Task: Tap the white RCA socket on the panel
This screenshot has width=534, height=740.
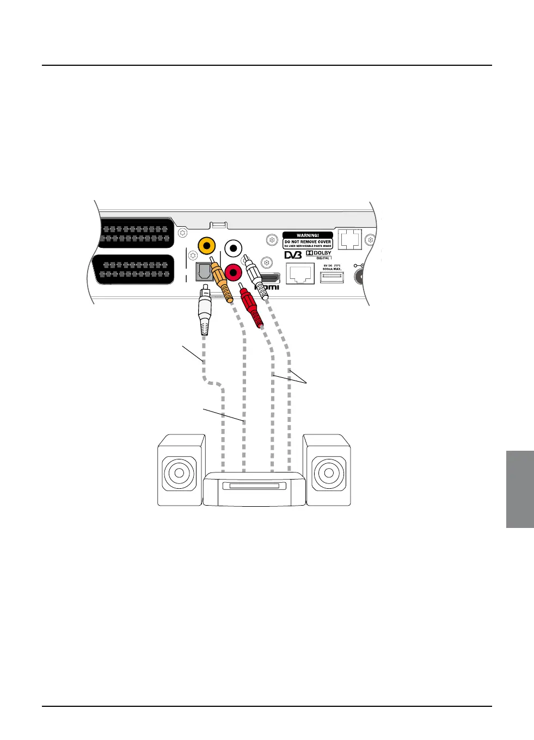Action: coord(234,248)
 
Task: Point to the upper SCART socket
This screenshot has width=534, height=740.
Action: coord(136,233)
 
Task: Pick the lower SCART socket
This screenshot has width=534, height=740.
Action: coord(136,269)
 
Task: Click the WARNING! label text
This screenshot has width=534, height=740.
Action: coord(308,235)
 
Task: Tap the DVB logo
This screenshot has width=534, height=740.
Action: coord(293,255)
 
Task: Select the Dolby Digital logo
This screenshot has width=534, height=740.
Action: coord(318,254)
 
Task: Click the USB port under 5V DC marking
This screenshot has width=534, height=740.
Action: coord(332,277)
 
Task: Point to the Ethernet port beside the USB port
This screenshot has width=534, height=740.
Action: coord(300,273)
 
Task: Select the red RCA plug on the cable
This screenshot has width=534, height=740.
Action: coord(251,307)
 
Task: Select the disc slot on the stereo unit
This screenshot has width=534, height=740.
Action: coord(254,485)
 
